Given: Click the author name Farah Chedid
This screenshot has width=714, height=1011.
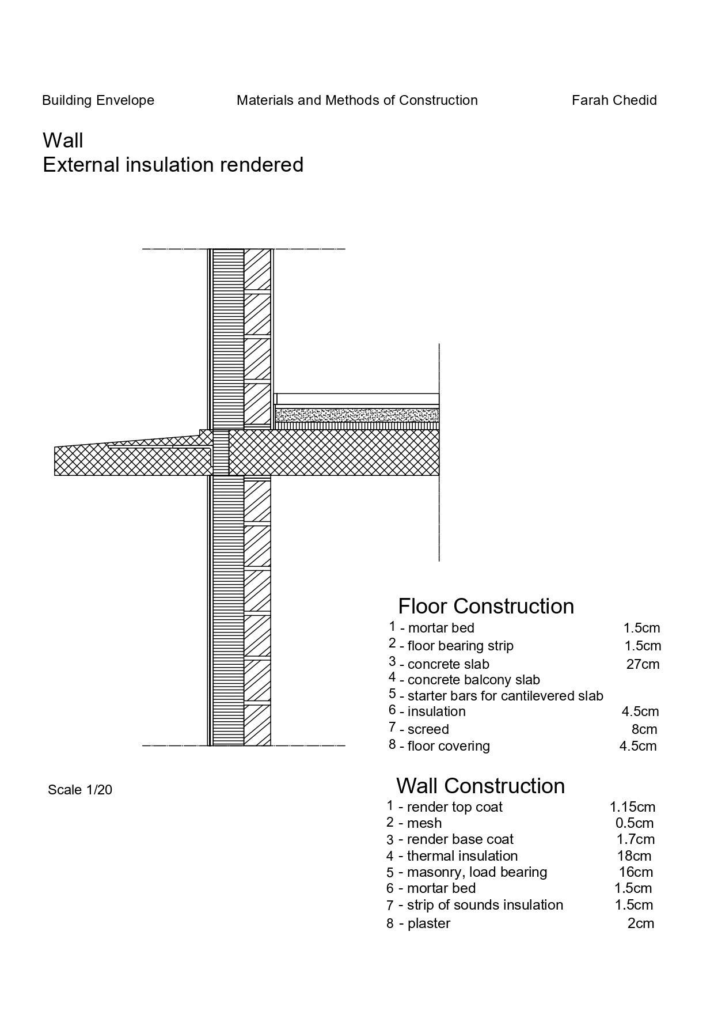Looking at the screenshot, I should point(614,100).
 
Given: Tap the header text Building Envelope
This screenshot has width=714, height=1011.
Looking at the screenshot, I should point(98,100).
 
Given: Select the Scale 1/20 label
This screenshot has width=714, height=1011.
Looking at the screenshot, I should point(80,790).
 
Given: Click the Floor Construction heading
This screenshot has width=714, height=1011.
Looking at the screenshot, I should point(486,606).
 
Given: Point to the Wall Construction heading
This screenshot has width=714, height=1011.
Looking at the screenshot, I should point(480,786).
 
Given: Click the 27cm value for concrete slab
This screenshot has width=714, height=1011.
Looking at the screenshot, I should point(643,664).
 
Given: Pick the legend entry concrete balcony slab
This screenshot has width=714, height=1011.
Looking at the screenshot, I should point(473,680).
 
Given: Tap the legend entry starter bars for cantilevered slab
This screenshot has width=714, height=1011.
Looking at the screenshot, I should point(505,696).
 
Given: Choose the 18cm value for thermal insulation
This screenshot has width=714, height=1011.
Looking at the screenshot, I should point(634,856).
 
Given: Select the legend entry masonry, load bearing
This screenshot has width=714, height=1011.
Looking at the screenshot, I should point(477,872).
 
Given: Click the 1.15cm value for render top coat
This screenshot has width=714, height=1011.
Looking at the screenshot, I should point(632,807).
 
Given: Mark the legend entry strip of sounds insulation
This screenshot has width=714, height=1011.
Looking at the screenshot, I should point(485,905).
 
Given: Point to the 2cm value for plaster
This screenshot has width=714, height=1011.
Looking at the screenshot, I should point(640,923).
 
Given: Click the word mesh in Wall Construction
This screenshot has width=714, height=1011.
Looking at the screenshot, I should point(424,823).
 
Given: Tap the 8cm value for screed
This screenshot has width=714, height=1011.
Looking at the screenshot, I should point(644,729).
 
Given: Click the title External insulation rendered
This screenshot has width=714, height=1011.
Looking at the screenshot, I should point(173,165).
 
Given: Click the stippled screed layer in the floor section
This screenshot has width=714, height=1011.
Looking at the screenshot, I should point(357,415).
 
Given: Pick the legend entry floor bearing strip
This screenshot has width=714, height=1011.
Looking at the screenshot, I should point(460,646).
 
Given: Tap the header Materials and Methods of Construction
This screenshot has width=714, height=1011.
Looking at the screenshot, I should point(357,100).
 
